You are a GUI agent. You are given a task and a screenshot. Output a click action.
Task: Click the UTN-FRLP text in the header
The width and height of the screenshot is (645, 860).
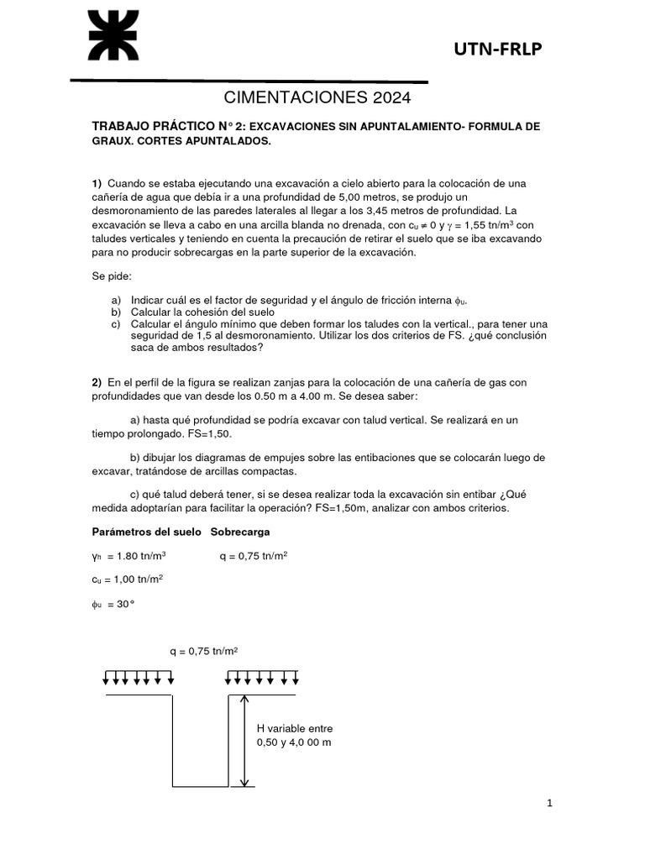(x=498, y=51)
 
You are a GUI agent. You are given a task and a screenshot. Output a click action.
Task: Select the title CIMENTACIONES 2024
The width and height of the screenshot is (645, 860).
(x=317, y=98)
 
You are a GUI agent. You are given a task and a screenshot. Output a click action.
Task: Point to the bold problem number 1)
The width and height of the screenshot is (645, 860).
(x=97, y=183)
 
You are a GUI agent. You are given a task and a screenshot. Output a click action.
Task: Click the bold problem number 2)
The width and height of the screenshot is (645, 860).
(x=97, y=382)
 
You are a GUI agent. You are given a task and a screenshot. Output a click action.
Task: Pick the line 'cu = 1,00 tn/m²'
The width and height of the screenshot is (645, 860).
(x=128, y=579)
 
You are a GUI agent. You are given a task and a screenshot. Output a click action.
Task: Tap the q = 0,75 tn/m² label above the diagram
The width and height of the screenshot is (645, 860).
(x=202, y=650)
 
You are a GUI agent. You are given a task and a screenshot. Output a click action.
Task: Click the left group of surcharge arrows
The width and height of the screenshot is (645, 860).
(x=139, y=677)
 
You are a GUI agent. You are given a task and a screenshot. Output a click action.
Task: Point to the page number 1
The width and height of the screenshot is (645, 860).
(x=549, y=804)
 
